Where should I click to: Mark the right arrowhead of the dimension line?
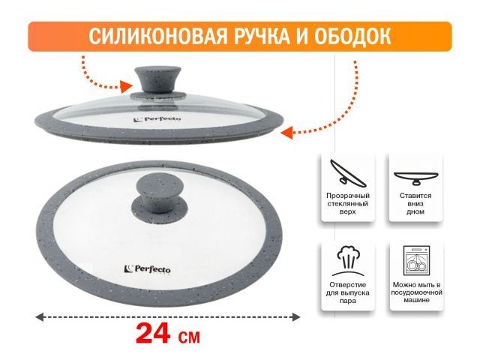click(298, 318)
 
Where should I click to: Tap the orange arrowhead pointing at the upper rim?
click(285, 132)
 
